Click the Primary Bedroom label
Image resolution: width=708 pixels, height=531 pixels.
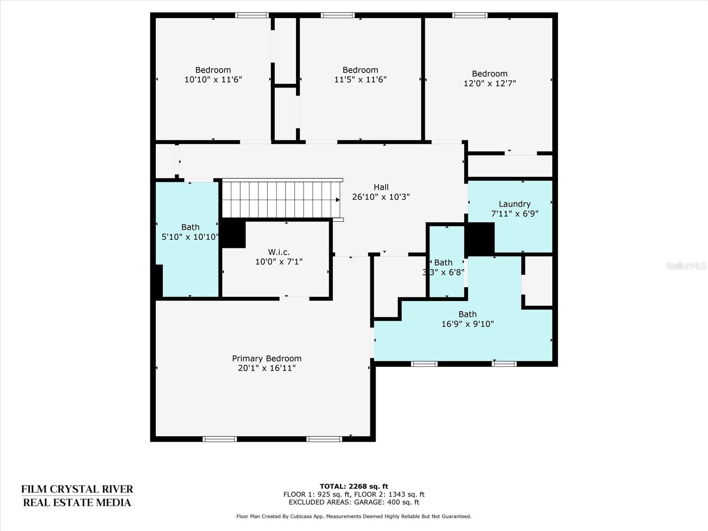(267, 358)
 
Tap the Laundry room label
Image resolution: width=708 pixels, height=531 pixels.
(515, 204)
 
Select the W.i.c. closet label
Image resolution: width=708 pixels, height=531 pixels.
(279, 252)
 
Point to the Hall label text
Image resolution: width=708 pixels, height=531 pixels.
(381, 187)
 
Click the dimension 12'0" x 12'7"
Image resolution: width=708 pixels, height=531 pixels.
(490, 84)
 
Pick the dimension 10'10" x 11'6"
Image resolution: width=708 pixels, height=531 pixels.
(213, 80)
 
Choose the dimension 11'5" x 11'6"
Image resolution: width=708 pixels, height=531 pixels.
(360, 80)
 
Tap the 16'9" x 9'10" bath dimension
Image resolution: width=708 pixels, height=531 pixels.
(467, 324)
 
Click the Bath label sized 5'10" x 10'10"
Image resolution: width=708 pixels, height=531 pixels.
(190, 227)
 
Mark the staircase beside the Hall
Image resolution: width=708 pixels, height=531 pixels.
(281, 199)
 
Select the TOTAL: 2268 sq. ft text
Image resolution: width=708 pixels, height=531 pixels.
(354, 486)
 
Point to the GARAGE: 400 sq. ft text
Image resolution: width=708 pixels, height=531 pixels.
(387, 502)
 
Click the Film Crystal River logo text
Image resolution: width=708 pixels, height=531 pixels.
(77, 496)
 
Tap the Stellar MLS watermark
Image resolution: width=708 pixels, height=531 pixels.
(686, 265)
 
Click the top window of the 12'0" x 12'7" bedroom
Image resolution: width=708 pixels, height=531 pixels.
(469, 15)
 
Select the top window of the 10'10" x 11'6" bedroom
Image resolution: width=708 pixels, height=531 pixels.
(252, 15)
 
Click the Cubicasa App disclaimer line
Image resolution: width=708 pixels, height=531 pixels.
(354, 516)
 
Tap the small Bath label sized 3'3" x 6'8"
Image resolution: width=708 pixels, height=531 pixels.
(443, 263)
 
